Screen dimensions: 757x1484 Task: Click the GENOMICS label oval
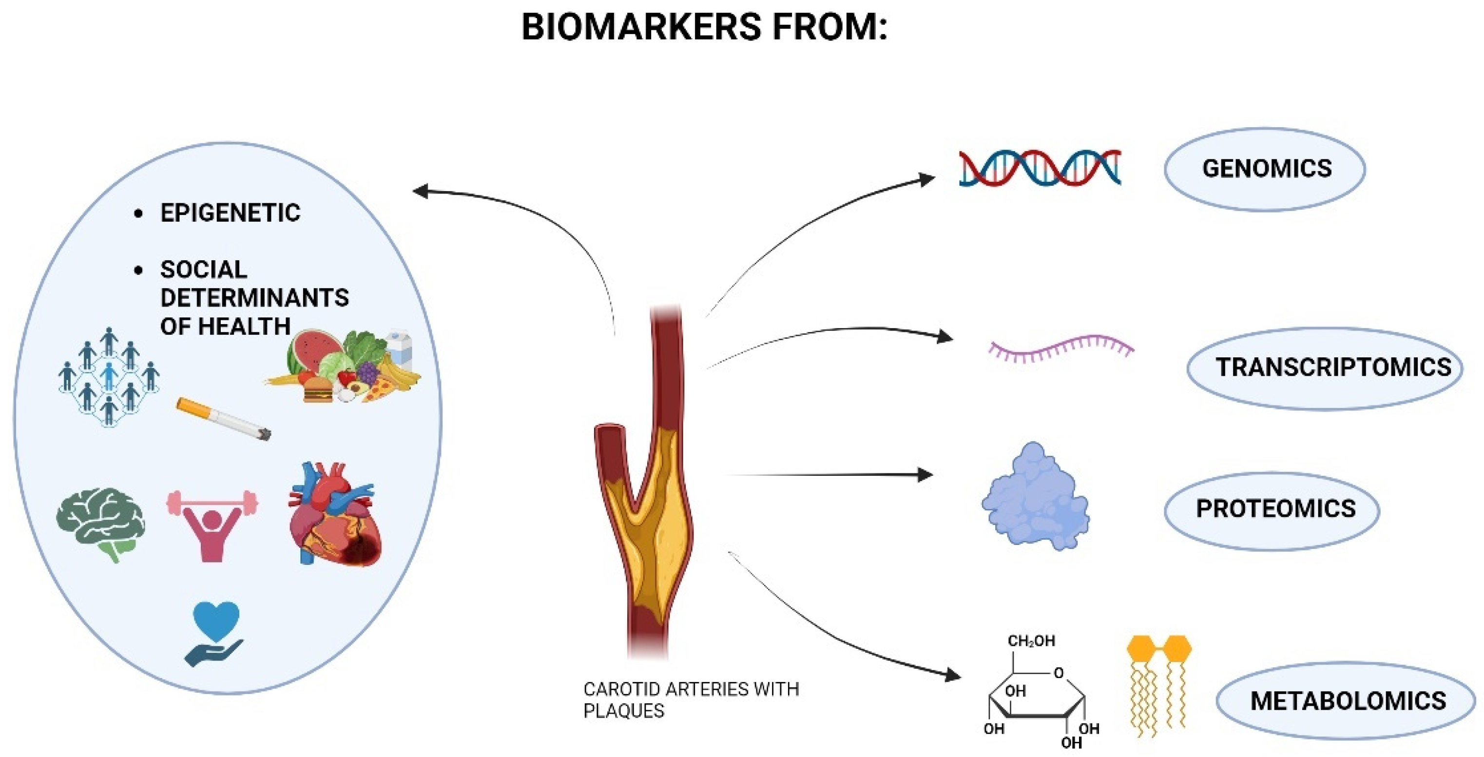click(1265, 169)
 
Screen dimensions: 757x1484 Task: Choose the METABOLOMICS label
click(1347, 701)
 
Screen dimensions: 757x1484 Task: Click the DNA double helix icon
click(1040, 168)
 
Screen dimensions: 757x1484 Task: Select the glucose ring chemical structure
click(1037, 694)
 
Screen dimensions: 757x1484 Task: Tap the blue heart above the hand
click(216, 621)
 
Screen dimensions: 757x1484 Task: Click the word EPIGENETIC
click(230, 213)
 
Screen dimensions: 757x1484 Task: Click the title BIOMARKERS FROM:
click(704, 27)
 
